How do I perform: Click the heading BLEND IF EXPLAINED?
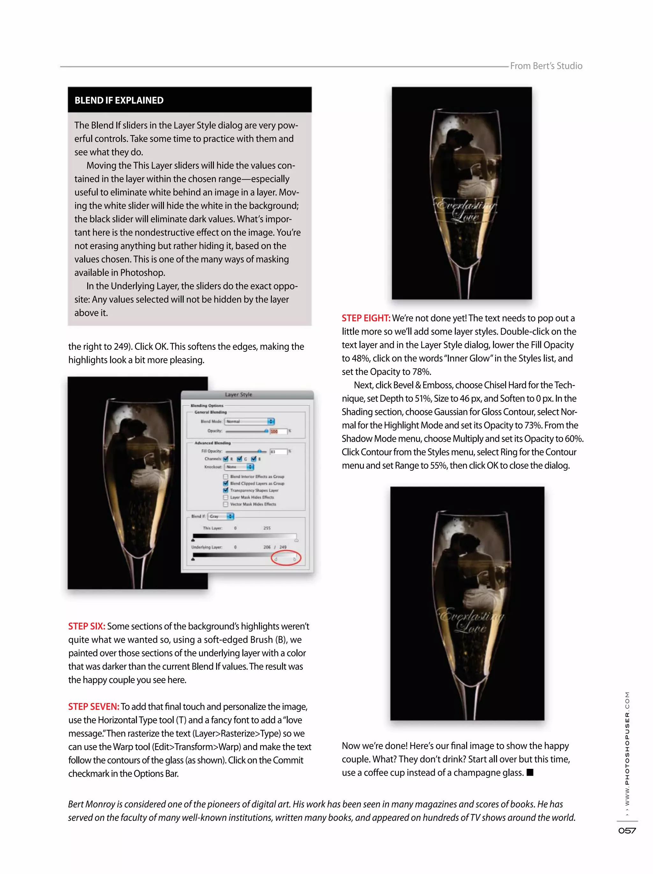click(x=119, y=100)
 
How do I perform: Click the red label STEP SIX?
click(x=86, y=626)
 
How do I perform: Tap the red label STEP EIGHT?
click(x=366, y=318)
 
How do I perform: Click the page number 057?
click(x=627, y=831)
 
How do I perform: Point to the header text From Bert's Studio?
click(x=546, y=66)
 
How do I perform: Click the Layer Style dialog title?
click(x=238, y=394)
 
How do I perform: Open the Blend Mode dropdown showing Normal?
click(x=249, y=421)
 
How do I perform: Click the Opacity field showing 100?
click(x=278, y=431)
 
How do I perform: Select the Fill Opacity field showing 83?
click(x=278, y=451)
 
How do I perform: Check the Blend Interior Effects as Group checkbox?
click(x=225, y=476)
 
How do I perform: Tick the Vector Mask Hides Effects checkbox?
click(x=225, y=504)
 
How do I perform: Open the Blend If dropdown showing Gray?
click(x=221, y=516)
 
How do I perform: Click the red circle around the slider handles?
click(x=286, y=558)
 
